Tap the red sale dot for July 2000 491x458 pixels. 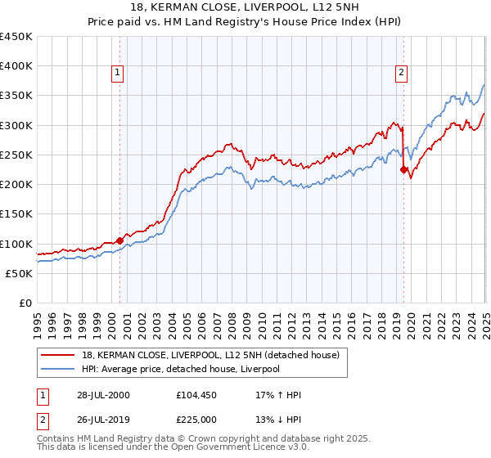click(x=119, y=240)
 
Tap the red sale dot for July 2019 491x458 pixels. click(x=403, y=169)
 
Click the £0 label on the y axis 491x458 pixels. click(x=25, y=303)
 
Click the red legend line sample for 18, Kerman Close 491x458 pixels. click(x=59, y=354)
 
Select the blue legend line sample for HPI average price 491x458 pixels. click(x=59, y=369)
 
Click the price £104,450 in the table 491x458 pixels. click(x=195, y=395)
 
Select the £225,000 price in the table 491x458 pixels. click(x=195, y=420)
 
